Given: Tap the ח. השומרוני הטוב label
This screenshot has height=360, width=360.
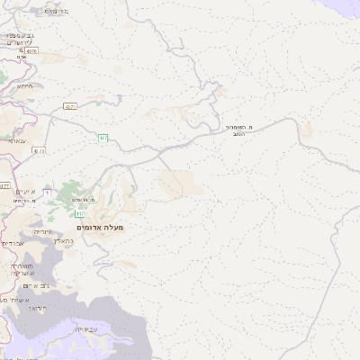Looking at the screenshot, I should [243, 133].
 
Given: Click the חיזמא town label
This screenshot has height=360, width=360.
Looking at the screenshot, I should [26, 85].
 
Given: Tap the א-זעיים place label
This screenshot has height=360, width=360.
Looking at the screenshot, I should [26, 192].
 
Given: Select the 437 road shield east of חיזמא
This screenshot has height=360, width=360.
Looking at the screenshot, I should [69, 107].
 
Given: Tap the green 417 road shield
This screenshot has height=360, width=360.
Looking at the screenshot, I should [80, 213].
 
